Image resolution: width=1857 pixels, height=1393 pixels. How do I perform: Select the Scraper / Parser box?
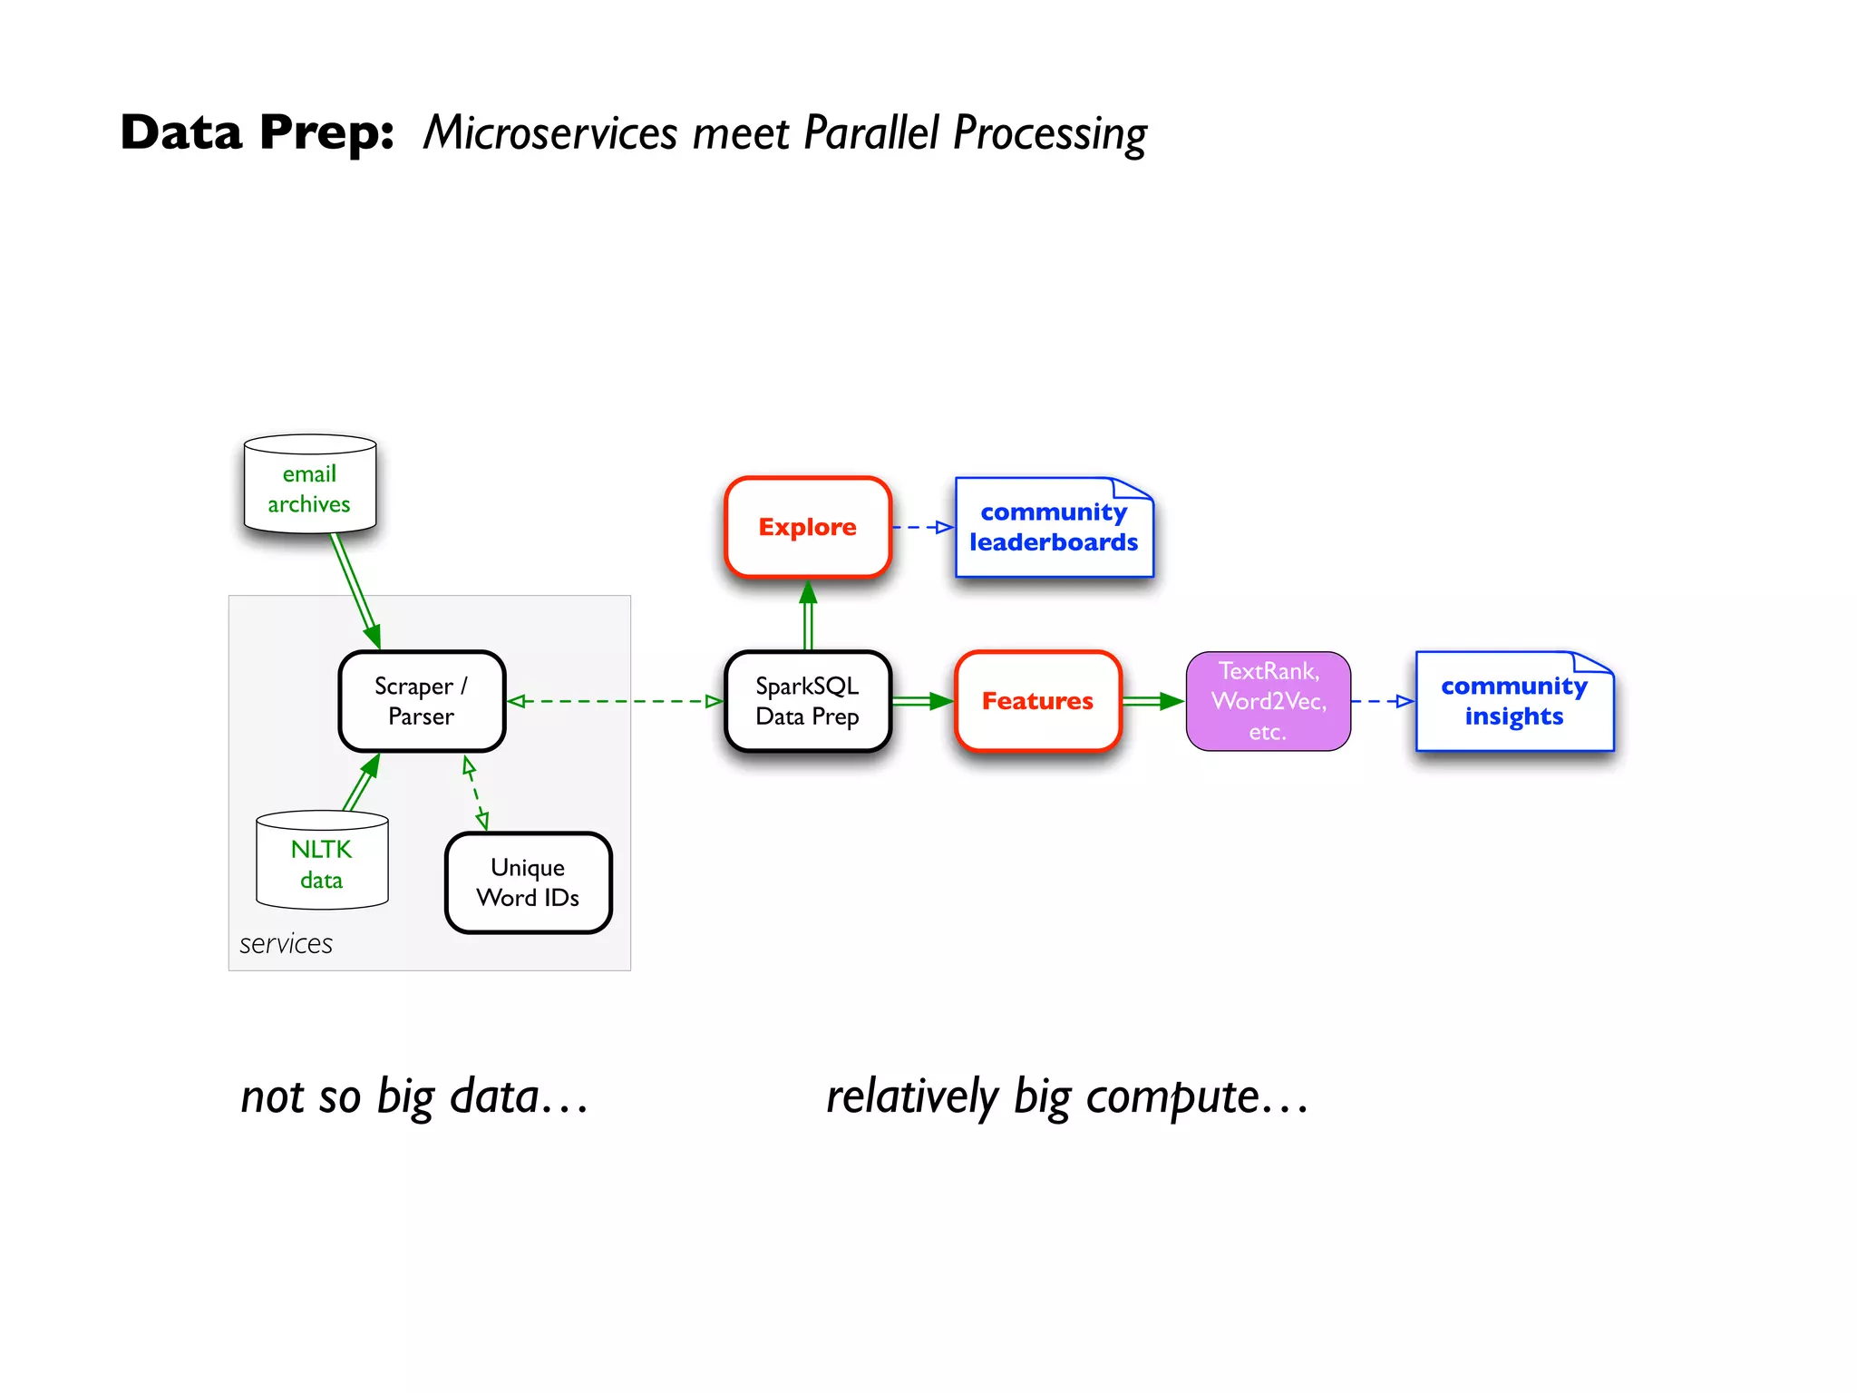tap(422, 701)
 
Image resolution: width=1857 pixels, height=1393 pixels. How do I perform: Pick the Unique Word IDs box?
tap(528, 882)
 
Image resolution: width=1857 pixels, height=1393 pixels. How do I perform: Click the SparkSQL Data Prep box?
tap(807, 701)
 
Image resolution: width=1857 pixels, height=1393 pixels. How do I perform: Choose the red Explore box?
tap(807, 527)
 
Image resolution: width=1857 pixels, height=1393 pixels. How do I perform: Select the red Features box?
tap(1037, 701)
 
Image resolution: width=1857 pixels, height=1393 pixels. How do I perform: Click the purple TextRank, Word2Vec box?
tap(1268, 701)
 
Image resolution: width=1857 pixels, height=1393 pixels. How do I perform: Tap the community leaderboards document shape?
tap(1054, 528)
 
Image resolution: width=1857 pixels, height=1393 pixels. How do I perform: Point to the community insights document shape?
tap(1513, 702)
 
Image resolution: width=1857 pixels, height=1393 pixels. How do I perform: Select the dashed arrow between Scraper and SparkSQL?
tap(615, 701)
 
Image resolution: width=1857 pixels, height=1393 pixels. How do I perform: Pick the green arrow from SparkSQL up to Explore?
tap(808, 617)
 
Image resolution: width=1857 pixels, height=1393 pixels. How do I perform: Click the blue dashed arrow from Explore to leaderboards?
tap(923, 527)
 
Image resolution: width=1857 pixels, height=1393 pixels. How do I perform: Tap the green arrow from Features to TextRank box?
tap(1152, 701)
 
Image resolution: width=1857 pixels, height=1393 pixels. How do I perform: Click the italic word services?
tap(286, 944)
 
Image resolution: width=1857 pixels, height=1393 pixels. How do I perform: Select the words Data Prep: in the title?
tap(258, 132)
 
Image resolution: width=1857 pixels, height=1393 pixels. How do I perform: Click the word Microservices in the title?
tap(550, 133)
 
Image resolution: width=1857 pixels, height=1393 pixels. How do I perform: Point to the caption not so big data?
tap(414, 1096)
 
